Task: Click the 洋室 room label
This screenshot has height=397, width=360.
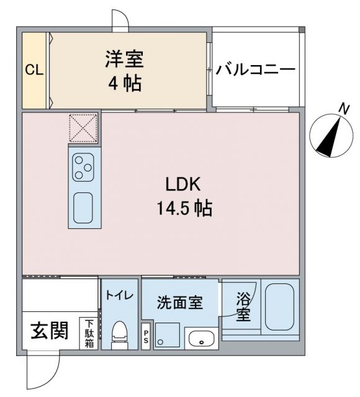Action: (124, 60)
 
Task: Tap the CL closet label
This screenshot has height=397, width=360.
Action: (34, 70)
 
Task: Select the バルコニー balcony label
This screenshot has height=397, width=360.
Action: (255, 69)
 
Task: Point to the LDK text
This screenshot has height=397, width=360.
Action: (182, 184)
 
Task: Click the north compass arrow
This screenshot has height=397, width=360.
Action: (330, 135)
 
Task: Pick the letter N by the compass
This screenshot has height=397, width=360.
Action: (342, 109)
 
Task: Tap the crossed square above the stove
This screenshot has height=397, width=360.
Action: (83, 128)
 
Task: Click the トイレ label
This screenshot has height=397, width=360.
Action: (119, 295)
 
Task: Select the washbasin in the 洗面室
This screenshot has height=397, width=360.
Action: (200, 339)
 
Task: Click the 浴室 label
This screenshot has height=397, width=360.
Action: (243, 306)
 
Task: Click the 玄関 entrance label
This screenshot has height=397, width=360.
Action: (50, 332)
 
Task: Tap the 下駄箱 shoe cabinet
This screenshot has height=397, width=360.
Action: (89, 333)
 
